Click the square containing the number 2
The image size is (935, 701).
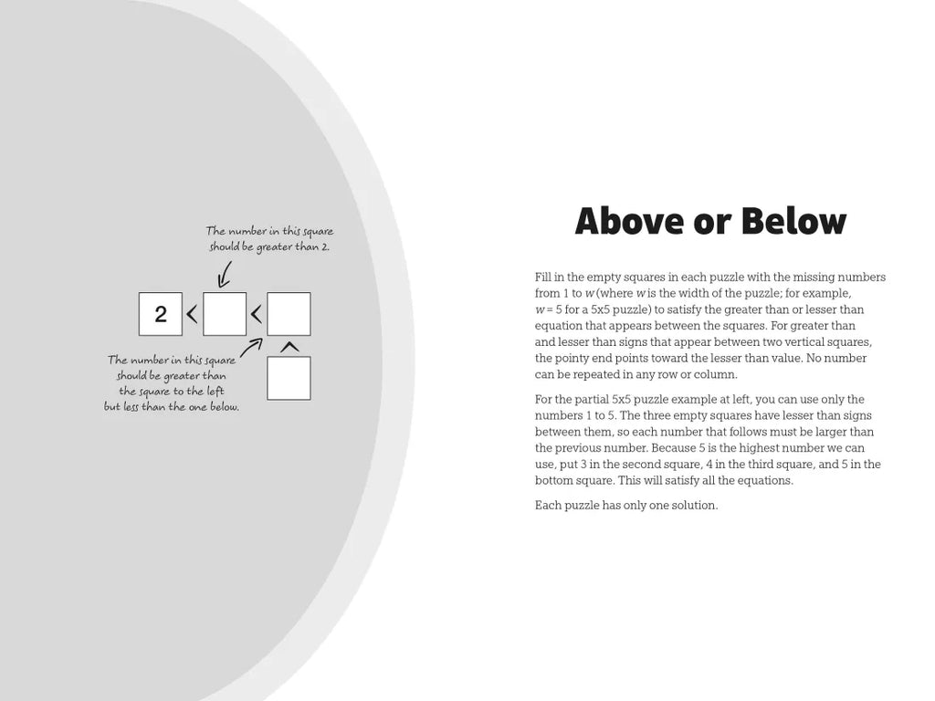(x=161, y=314)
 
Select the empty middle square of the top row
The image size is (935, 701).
(x=225, y=314)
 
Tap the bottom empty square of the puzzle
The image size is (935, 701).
(x=289, y=378)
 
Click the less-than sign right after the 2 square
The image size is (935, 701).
(x=192, y=315)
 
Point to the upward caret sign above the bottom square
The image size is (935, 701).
(x=289, y=347)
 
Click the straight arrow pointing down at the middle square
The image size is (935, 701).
(x=225, y=274)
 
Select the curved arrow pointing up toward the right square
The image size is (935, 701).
(x=251, y=347)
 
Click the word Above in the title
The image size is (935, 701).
(x=629, y=222)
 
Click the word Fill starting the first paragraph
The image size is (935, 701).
(x=544, y=277)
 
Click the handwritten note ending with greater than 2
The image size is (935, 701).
(x=269, y=239)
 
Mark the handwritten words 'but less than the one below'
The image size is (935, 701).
(x=172, y=407)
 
